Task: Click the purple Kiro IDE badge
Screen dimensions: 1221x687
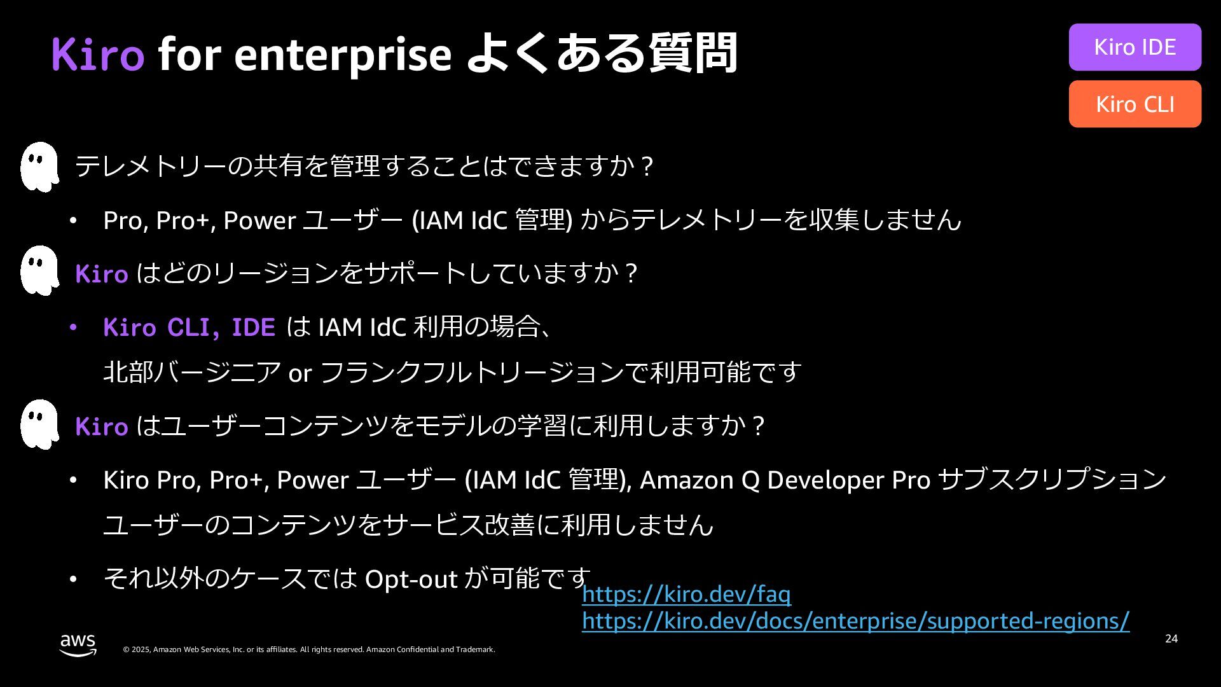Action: coord(1135,47)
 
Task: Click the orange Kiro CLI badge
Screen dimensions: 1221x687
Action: coord(1135,104)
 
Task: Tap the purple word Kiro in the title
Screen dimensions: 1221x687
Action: coord(98,53)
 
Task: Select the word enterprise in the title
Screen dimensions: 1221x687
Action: coord(343,55)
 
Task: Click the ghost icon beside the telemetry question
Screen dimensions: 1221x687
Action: coord(39,167)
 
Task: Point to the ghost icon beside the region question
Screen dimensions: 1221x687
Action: coord(39,270)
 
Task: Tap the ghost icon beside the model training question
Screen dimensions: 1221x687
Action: coord(39,424)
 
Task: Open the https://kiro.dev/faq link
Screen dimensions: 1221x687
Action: coord(686,594)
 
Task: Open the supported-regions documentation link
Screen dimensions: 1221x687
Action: coord(855,621)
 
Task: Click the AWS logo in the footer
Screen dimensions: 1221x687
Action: coord(78,644)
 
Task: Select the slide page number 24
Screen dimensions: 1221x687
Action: coord(1171,639)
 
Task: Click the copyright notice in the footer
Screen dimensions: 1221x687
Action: coord(308,649)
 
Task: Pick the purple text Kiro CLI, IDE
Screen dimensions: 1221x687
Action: coord(189,328)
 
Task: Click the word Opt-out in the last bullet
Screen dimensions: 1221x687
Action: coord(411,579)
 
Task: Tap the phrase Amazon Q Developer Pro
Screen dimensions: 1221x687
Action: coord(785,480)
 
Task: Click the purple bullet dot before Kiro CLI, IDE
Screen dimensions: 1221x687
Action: coord(73,328)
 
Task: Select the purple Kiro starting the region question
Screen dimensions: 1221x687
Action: coord(102,274)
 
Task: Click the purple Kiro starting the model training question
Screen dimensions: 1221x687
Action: coord(102,427)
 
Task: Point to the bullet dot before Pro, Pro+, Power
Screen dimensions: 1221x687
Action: coord(73,221)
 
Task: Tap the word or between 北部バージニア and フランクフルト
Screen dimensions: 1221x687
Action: coord(300,373)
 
